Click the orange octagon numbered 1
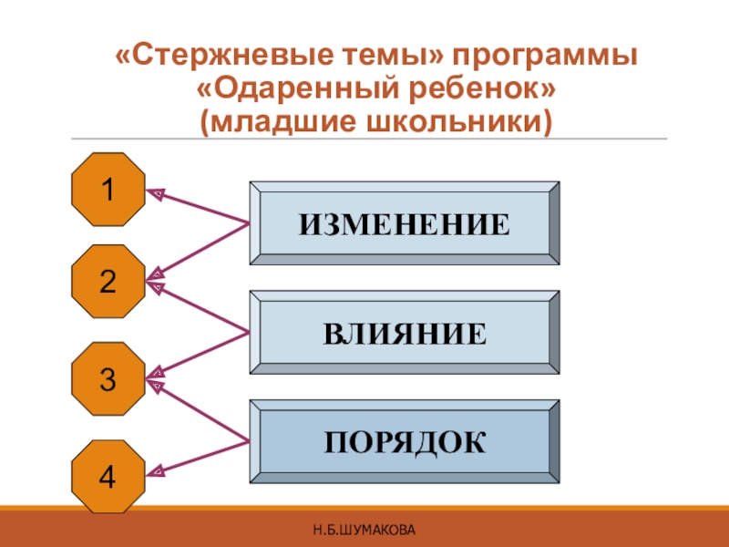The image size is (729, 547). coord(108,191)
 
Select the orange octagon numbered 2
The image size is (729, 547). coord(108,282)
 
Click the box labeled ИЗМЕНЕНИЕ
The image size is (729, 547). coord(405,223)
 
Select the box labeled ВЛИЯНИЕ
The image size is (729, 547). coord(405,333)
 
